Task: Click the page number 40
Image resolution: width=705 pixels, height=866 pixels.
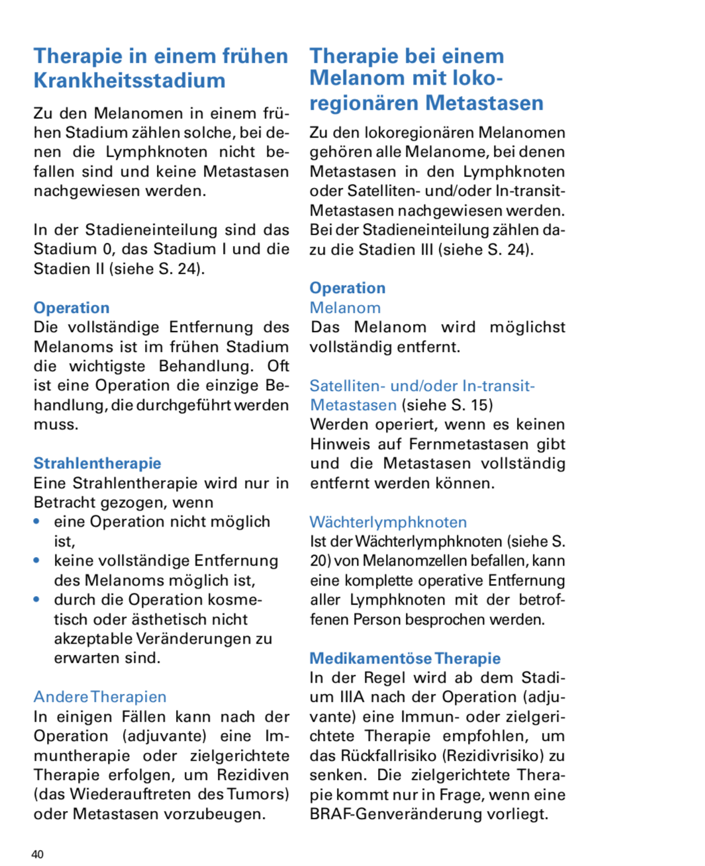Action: point(37,854)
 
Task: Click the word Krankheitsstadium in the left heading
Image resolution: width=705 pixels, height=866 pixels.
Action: point(130,81)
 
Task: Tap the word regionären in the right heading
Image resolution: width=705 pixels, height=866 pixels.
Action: point(364,103)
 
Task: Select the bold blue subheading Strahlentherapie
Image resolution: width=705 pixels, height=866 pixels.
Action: point(97,463)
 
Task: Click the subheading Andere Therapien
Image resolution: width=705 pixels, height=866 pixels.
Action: point(100,697)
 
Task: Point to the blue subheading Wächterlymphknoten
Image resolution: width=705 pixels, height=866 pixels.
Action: point(388,522)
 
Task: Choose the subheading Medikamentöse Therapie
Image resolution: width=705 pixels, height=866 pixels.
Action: point(404,658)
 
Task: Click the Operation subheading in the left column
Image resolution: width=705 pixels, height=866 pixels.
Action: point(71,308)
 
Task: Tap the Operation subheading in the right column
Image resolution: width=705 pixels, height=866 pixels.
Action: point(348,288)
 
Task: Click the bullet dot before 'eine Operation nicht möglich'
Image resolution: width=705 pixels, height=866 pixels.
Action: point(37,522)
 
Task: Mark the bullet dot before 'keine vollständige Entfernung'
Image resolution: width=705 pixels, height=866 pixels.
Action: point(37,561)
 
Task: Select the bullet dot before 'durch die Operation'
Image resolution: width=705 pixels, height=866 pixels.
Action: point(37,600)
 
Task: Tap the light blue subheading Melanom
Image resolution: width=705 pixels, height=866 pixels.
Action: point(345,308)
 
